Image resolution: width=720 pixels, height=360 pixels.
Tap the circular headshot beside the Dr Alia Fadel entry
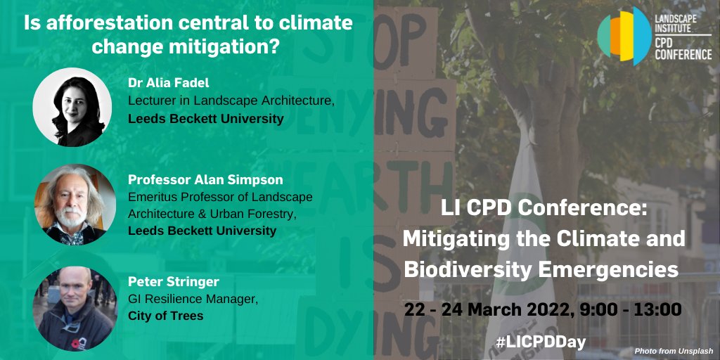(x=72, y=107)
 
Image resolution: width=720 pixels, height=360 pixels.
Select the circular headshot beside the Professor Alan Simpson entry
(x=72, y=204)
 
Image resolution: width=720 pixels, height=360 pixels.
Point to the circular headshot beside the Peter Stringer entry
(x=72, y=307)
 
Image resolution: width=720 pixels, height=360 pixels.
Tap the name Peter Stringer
(x=174, y=282)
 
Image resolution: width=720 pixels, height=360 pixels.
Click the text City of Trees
(x=165, y=316)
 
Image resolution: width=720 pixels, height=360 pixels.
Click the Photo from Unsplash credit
(x=674, y=351)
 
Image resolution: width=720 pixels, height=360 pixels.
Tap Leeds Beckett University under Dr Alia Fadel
(x=205, y=118)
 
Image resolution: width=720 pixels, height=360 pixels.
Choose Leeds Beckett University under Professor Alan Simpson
(x=202, y=231)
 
